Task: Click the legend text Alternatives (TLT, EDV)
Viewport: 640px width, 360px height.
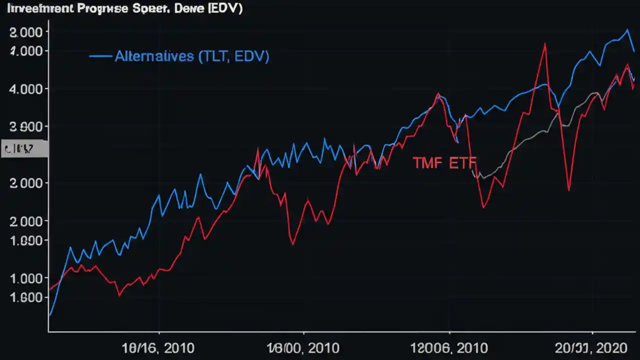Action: tap(192, 56)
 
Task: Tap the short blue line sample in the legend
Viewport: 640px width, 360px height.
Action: tap(100, 56)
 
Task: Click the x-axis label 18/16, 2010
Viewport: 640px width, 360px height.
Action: tap(158, 348)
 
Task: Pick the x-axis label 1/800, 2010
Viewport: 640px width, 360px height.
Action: tap(303, 348)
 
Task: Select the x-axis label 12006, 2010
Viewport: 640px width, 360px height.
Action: tap(448, 348)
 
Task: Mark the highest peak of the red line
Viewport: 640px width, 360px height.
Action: tap(544, 44)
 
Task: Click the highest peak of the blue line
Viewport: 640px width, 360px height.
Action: tap(627, 30)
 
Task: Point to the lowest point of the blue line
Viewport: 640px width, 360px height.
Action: tap(50, 315)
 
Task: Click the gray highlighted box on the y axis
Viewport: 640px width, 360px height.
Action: tap(24, 149)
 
